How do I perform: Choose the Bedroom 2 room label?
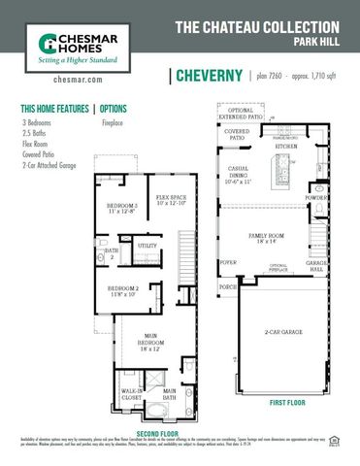coord(122,290)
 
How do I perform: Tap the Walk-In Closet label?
coord(131,394)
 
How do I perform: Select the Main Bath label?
coord(169,394)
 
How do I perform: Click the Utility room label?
coord(147,247)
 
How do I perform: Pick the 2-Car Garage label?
coord(282,333)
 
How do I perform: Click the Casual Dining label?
coord(238,175)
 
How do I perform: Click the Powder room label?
coord(315,198)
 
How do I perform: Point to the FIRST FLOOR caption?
coord(289,402)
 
